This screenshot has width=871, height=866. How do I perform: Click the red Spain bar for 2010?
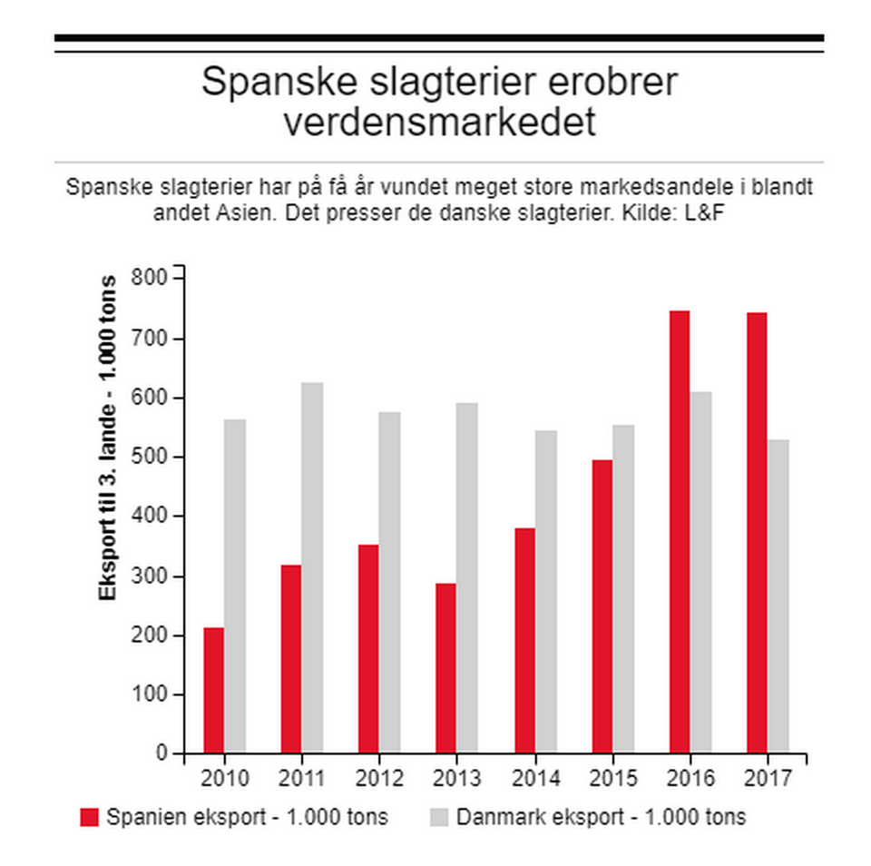click(x=213, y=690)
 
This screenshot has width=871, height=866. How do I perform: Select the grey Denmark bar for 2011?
click(x=312, y=567)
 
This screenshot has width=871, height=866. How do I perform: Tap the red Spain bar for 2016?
click(x=680, y=532)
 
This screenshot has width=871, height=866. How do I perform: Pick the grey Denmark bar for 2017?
click(x=778, y=596)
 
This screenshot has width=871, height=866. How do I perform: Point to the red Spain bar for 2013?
click(x=446, y=668)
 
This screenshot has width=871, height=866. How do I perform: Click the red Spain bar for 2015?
click(x=602, y=606)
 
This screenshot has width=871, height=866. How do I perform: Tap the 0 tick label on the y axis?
click(x=162, y=753)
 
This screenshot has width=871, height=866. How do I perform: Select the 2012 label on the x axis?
click(x=378, y=779)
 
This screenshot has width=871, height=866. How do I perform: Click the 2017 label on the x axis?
click(x=767, y=779)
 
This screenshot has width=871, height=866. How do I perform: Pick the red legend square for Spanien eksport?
click(x=89, y=817)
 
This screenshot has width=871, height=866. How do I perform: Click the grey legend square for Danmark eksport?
click(x=438, y=817)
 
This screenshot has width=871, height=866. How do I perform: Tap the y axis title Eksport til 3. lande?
click(x=108, y=437)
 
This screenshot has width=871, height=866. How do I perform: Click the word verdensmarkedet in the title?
click(x=439, y=123)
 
